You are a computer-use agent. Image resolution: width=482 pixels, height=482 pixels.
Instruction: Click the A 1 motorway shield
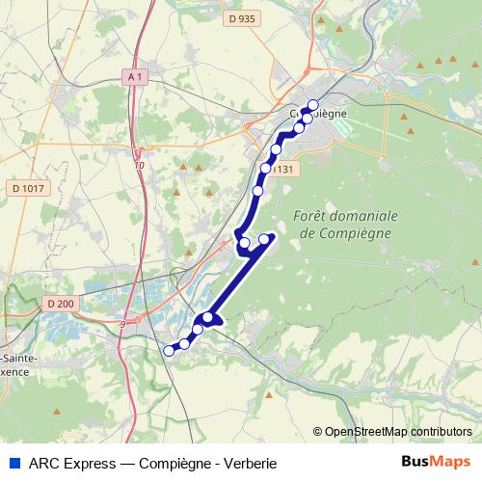[x=135, y=76]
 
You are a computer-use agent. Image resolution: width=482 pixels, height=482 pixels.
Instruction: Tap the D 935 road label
[x=244, y=18]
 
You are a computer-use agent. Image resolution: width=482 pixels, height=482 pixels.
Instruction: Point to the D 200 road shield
[x=58, y=304]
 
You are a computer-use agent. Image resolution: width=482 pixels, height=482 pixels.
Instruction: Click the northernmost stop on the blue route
[x=312, y=106]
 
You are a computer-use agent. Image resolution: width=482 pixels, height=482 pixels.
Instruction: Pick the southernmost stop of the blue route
[x=169, y=350]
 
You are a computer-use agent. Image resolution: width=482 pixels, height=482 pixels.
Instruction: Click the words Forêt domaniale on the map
[x=343, y=216]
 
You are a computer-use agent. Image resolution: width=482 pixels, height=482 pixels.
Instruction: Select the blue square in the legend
[x=12, y=462]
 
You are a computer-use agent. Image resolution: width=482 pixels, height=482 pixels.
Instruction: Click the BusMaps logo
[x=437, y=461]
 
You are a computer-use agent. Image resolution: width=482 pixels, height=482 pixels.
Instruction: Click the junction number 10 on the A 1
[x=140, y=166]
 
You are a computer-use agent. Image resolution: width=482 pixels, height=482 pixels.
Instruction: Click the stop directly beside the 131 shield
[x=266, y=169]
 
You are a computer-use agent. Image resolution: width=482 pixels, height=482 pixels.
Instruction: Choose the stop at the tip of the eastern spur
[x=264, y=239]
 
